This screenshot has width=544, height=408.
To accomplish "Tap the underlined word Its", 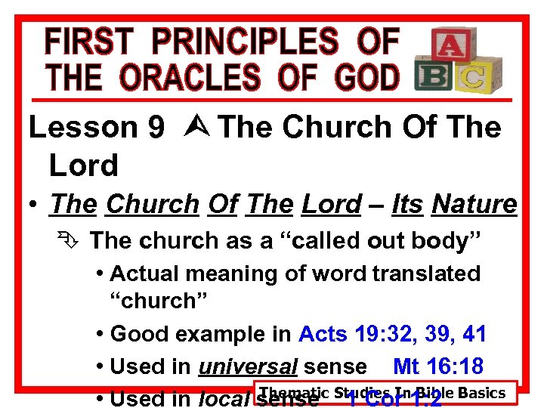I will (407, 204).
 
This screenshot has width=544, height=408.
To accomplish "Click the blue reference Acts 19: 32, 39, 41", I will (392, 333).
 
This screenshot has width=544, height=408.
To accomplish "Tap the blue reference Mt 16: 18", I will (438, 366).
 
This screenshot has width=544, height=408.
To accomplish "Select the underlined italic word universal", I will (247, 367).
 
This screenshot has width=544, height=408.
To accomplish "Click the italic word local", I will (225, 397).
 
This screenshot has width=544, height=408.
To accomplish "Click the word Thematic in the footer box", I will (296, 392).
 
